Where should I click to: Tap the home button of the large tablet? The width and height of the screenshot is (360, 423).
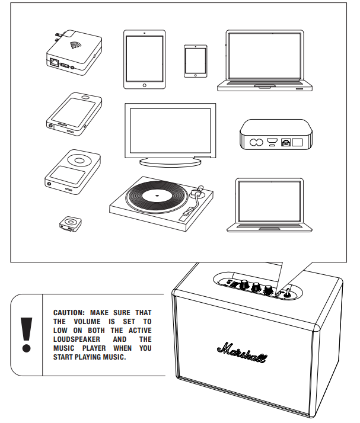(x=145, y=85)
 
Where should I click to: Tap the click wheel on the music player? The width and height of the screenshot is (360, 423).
(x=78, y=159)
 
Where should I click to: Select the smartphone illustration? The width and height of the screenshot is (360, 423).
(x=72, y=113)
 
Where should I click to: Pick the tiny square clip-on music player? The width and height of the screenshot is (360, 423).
(x=70, y=223)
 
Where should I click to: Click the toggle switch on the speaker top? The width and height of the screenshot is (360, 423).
(x=286, y=291)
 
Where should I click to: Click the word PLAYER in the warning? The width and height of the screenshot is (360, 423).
(x=88, y=348)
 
